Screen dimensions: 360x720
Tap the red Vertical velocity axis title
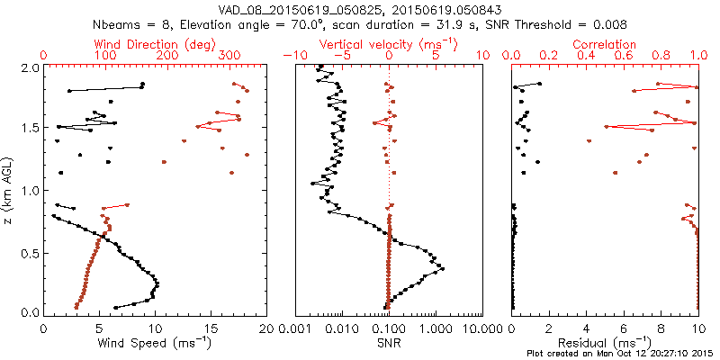(x=388, y=44)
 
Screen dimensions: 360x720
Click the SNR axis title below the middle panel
(x=389, y=343)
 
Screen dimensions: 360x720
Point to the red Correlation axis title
(x=605, y=44)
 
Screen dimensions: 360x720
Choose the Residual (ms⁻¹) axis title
(x=605, y=343)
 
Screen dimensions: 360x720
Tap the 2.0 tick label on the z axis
(x=31, y=67)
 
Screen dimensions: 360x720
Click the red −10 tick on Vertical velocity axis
(x=291, y=56)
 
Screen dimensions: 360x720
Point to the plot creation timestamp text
(x=623, y=354)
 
